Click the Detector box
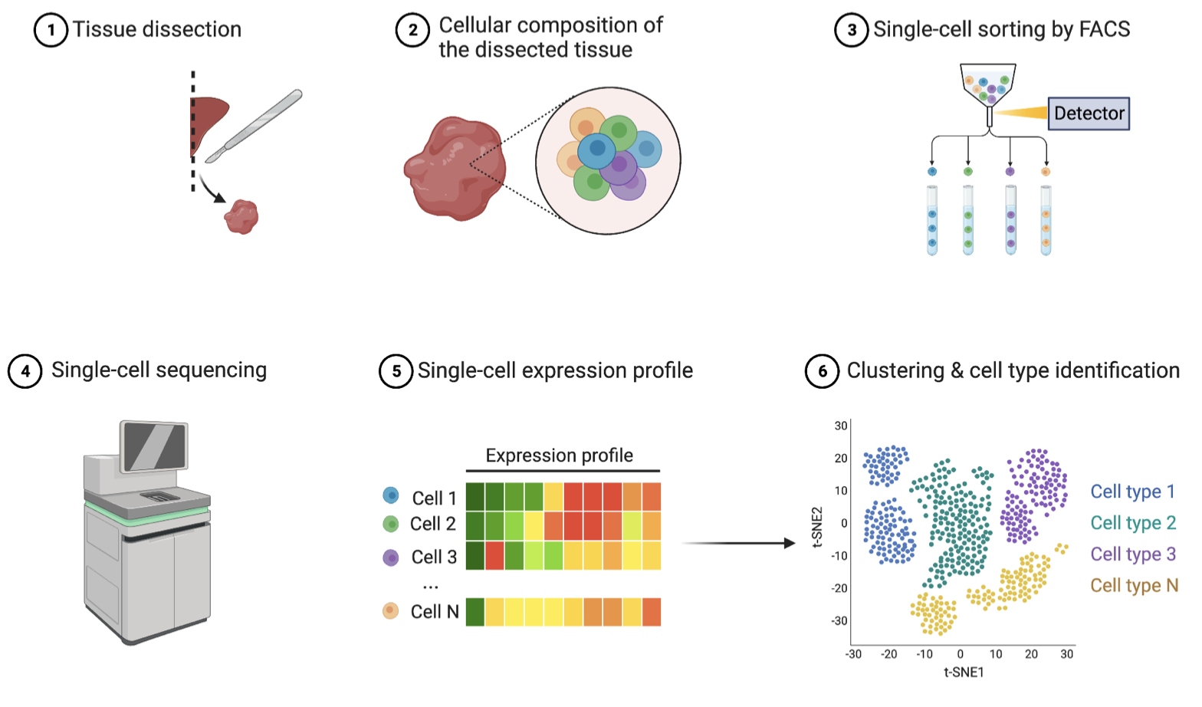click(x=1088, y=113)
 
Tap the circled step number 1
click(x=51, y=30)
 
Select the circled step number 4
click(x=25, y=371)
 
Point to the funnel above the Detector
click(x=987, y=86)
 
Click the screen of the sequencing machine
click(x=155, y=446)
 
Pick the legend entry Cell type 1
click(x=1132, y=492)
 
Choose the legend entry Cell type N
click(x=1134, y=586)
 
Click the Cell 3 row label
click(x=434, y=557)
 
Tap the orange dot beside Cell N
click(x=391, y=611)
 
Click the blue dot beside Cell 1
click(x=391, y=496)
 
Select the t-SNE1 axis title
click(x=964, y=672)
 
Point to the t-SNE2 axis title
click(x=817, y=527)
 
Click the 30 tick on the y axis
click(x=841, y=426)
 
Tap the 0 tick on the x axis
click(x=960, y=654)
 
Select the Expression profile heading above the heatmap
click(x=559, y=455)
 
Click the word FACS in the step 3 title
click(x=1104, y=30)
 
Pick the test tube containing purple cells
click(x=1010, y=220)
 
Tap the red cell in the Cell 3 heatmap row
click(x=494, y=555)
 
